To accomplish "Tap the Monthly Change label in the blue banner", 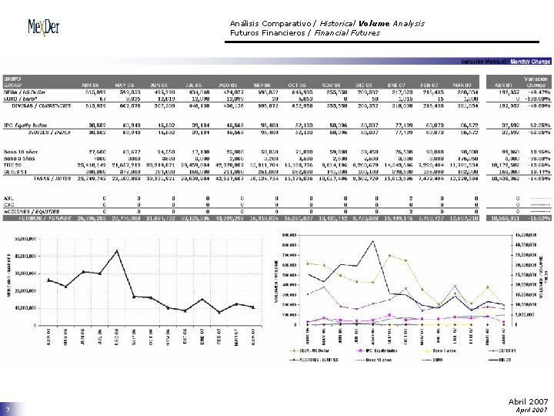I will [529, 61].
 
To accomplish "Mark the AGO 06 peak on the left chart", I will [117, 250].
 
